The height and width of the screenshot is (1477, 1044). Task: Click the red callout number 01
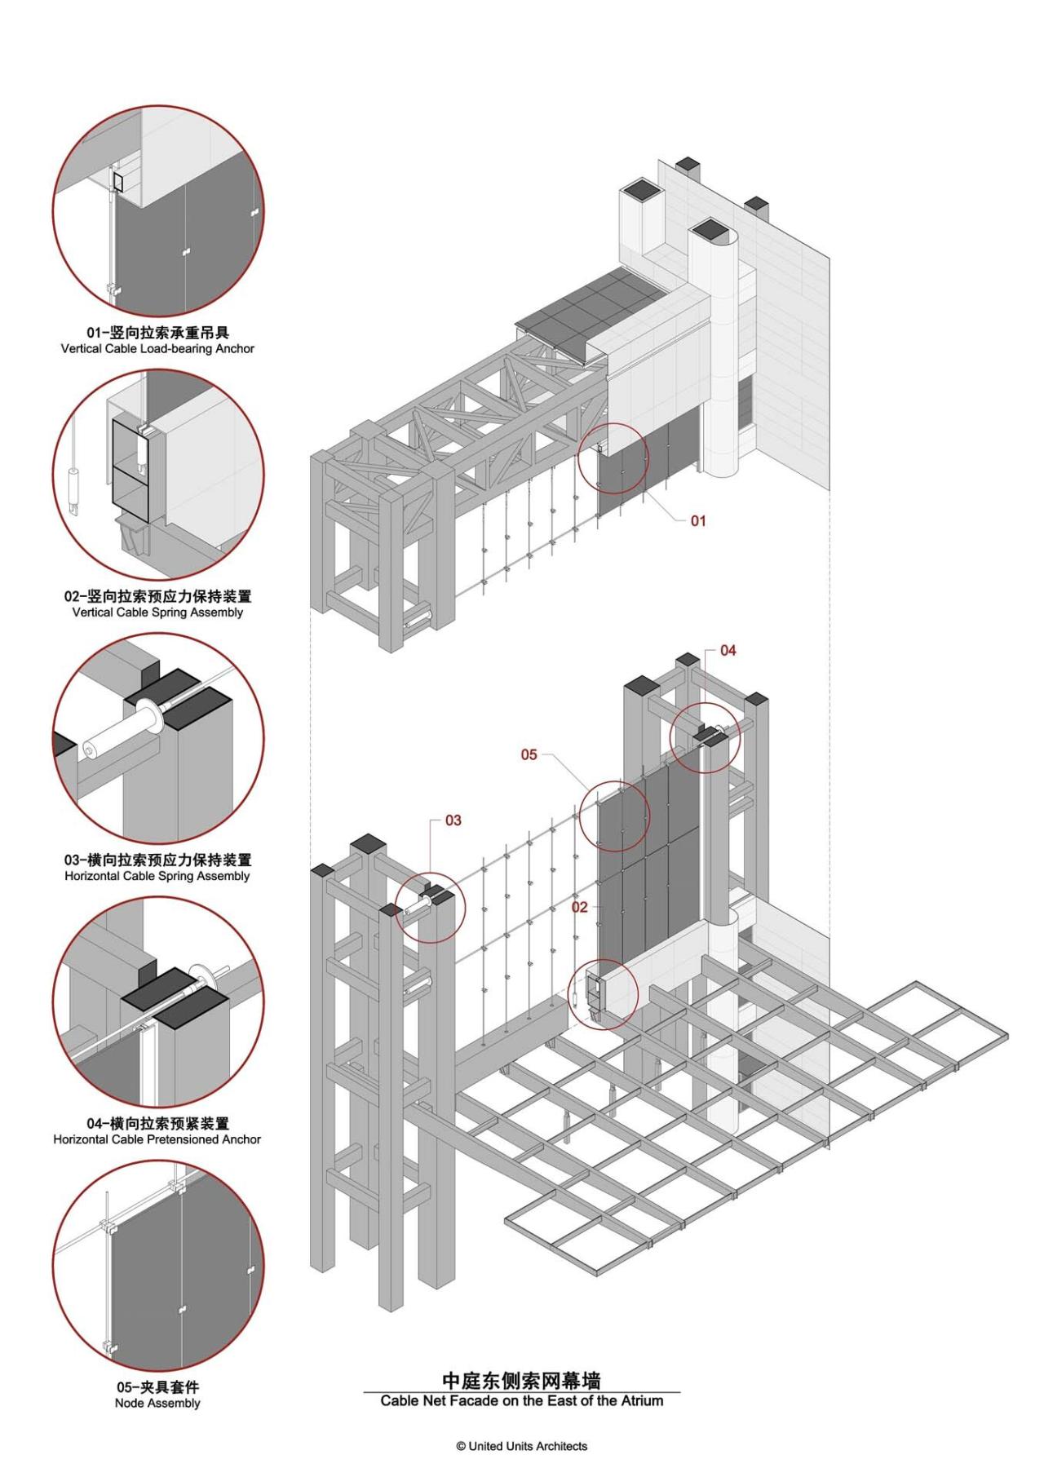[698, 520]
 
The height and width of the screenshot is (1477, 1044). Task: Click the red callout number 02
[579, 907]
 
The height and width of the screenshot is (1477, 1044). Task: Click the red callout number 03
[453, 820]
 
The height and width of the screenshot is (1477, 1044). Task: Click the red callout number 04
[728, 650]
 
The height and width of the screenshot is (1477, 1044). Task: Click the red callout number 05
[529, 754]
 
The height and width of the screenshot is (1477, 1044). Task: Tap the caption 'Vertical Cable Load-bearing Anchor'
[157, 348]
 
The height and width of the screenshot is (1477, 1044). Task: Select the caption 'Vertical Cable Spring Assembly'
[157, 612]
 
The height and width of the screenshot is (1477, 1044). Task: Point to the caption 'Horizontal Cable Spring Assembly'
[157, 876]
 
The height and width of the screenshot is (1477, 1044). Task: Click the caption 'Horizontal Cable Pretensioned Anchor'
[157, 1139]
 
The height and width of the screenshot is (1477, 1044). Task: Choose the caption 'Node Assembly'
[157, 1403]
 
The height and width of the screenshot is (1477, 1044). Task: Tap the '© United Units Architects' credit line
[521, 1446]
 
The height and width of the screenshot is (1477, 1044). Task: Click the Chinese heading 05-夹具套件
[157, 1386]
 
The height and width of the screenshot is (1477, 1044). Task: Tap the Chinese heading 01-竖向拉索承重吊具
[157, 332]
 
